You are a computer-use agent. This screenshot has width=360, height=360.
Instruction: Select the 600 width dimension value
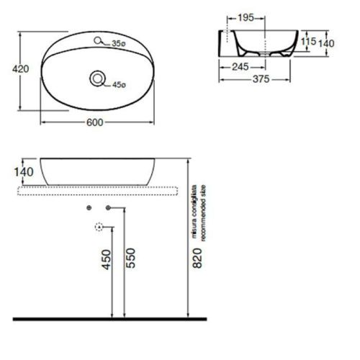pyautogui.click(x=96, y=122)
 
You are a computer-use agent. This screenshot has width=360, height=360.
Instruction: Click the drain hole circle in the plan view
pyautogui.click(x=96, y=78)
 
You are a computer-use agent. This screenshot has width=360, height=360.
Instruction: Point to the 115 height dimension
pyautogui.click(x=309, y=42)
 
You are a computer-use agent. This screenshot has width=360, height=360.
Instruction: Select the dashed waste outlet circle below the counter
pyautogui.click(x=99, y=228)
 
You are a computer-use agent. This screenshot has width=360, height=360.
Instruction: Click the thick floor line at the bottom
pyautogui.click(x=108, y=318)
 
